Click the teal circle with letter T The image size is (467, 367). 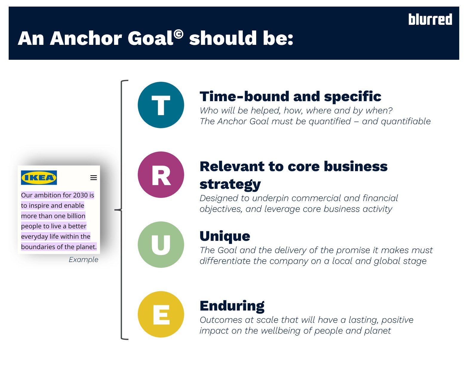pyautogui.click(x=161, y=105)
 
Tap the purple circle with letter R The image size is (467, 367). pyautogui.click(x=161, y=175)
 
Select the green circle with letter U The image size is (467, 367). pyautogui.click(x=161, y=244)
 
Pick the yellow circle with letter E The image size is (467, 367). pyautogui.click(x=161, y=314)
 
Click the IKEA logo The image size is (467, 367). pyautogui.click(x=39, y=178)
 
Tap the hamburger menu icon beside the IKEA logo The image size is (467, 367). pyautogui.click(x=93, y=178)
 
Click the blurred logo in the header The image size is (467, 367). pyautogui.click(x=430, y=19)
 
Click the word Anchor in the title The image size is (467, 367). pyautogui.click(x=86, y=38)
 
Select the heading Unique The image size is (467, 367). pyautogui.click(x=225, y=236)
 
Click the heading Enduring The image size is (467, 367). pyautogui.click(x=232, y=306)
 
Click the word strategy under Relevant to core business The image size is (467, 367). pyautogui.click(x=230, y=184)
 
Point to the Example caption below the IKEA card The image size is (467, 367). pyautogui.click(x=83, y=260)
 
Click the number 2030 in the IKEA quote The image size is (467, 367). pyautogui.click(x=80, y=195)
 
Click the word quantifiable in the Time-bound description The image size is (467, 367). pyautogui.click(x=406, y=121)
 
